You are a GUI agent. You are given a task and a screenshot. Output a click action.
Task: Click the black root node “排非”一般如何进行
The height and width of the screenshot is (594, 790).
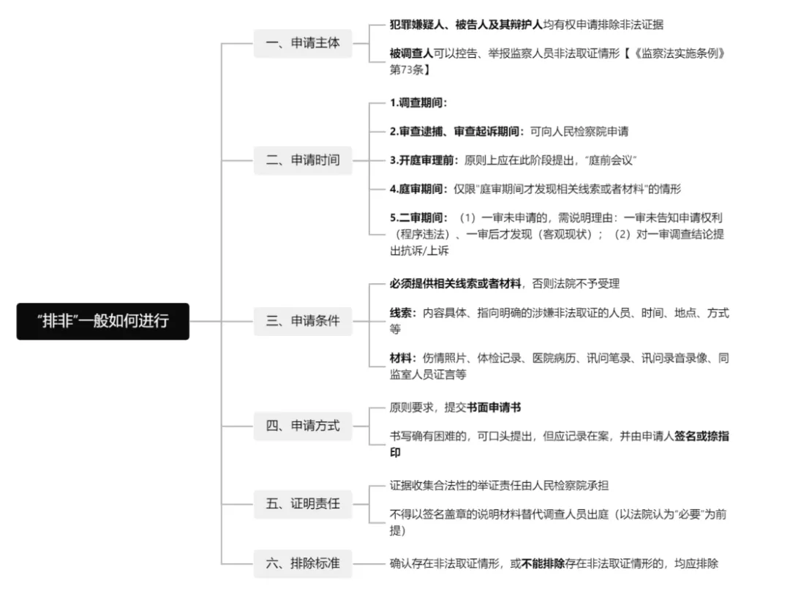(103, 320)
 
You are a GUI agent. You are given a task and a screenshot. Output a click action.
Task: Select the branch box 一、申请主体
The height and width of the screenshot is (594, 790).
(303, 42)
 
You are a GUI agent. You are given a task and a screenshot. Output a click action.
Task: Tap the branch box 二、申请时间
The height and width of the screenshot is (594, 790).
(303, 159)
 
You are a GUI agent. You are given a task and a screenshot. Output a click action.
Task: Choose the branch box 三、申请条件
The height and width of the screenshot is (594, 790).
(303, 320)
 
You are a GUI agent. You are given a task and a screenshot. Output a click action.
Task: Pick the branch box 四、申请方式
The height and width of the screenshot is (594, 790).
(303, 425)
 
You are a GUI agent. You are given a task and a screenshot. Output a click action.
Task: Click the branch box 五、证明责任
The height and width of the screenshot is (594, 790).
(303, 503)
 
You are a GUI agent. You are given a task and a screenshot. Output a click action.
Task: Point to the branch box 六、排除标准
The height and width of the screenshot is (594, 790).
(303, 563)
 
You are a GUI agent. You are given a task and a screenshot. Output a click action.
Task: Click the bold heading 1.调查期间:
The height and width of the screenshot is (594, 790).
(418, 102)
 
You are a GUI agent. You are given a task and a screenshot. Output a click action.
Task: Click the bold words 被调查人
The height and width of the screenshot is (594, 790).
(410, 54)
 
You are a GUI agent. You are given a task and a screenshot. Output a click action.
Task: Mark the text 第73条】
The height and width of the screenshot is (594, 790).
(410, 70)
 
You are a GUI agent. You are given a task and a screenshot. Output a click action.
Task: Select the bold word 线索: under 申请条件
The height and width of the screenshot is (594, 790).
(403, 313)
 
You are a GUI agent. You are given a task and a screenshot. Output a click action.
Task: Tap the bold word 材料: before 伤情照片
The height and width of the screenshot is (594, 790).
(403, 358)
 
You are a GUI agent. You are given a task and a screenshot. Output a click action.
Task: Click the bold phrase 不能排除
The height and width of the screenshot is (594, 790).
(543, 563)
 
